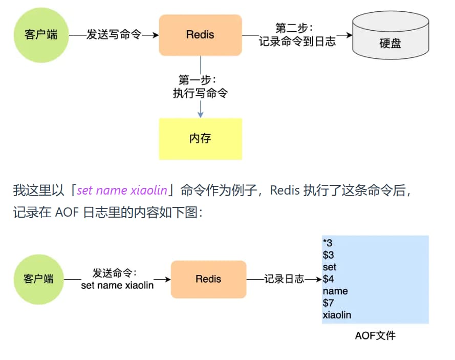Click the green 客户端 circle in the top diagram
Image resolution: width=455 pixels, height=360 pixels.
click(x=41, y=35)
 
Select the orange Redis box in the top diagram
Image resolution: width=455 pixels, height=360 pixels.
click(x=200, y=35)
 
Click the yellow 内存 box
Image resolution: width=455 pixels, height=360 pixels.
click(x=200, y=139)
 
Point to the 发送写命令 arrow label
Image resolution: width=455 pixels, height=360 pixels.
click(x=113, y=35)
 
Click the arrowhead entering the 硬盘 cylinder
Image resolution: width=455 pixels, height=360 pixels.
click(x=349, y=35)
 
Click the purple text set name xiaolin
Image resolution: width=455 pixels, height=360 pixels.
click(x=122, y=190)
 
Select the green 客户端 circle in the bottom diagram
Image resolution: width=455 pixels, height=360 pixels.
click(x=38, y=279)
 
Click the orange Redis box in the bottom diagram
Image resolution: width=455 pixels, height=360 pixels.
click(x=208, y=279)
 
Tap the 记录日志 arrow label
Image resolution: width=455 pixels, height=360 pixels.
click(x=284, y=279)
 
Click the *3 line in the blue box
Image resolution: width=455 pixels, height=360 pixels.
click(x=328, y=243)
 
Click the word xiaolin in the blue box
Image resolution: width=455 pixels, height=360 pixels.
click(x=337, y=315)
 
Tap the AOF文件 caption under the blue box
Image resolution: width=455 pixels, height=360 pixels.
click(x=375, y=336)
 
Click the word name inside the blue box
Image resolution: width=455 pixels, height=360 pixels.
click(x=335, y=291)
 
